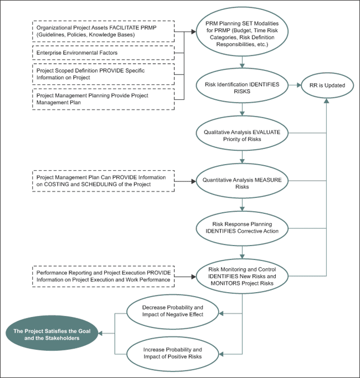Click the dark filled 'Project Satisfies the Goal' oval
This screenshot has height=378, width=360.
tap(52, 334)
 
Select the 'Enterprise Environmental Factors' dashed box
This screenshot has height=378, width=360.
tap(104, 53)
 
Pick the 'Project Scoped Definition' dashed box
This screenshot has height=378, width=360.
tap(104, 74)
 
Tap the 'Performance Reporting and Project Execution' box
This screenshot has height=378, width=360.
tap(104, 277)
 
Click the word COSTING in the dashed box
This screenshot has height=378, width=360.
tap(55, 185)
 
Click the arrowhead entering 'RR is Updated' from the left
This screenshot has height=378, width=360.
tap(299, 85)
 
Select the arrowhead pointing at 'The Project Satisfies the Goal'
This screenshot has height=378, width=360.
tap(100, 334)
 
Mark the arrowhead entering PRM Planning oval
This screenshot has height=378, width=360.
tap(194, 32)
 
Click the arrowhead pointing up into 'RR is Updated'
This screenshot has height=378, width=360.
tap(327, 101)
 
